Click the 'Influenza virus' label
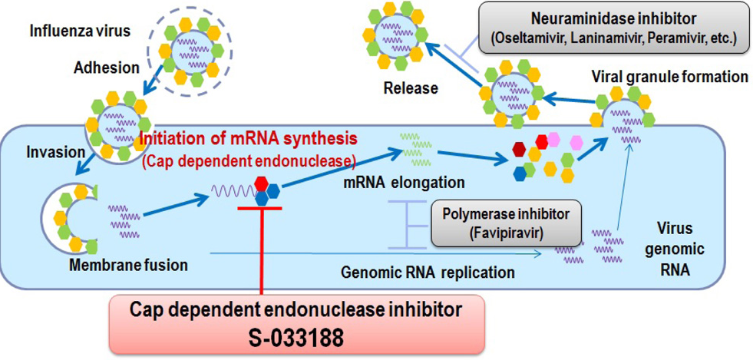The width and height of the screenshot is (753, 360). click(x=80, y=31)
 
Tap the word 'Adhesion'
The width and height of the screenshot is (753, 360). click(x=107, y=68)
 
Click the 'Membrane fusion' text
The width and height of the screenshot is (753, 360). click(x=128, y=265)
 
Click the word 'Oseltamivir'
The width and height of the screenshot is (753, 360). click(x=533, y=38)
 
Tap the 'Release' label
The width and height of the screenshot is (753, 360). click(x=411, y=88)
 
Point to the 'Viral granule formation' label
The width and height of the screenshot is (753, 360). click(x=669, y=77)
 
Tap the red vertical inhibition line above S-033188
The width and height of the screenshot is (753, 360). click(x=262, y=253)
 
